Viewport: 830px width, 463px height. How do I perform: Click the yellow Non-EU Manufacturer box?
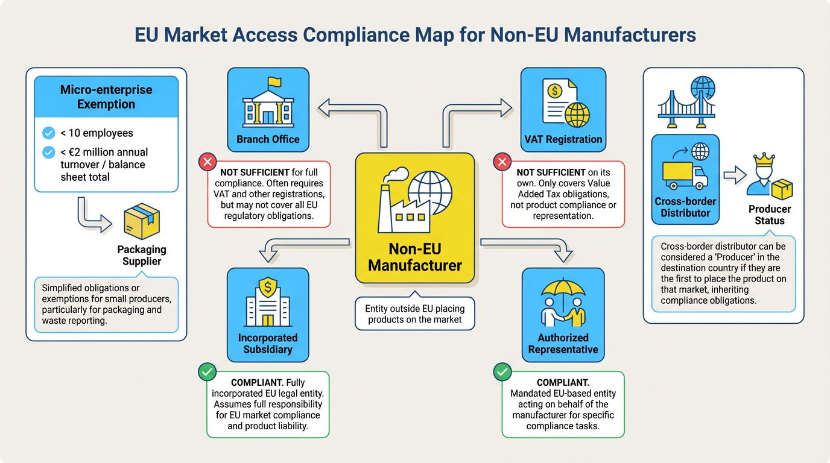pyautogui.click(x=415, y=218)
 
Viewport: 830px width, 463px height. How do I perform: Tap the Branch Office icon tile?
pyautogui.click(x=268, y=109)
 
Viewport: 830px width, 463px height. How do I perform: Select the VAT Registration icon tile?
pyautogui.click(x=563, y=109)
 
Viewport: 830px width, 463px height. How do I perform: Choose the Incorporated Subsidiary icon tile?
pyautogui.click(x=268, y=315)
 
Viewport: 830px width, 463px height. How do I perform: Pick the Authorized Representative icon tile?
pyautogui.click(x=563, y=315)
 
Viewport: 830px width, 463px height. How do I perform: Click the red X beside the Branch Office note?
pyautogui.click(x=207, y=162)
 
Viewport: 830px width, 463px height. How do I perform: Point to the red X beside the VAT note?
pyautogui.click(x=502, y=162)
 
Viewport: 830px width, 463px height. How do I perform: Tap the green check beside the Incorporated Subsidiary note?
pyautogui.click(x=207, y=372)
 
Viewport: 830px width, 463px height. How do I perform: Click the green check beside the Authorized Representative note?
pyautogui.click(x=502, y=372)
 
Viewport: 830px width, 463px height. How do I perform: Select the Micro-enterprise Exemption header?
pyautogui.click(x=106, y=96)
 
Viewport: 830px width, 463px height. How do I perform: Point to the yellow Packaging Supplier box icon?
pyautogui.click(x=141, y=221)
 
